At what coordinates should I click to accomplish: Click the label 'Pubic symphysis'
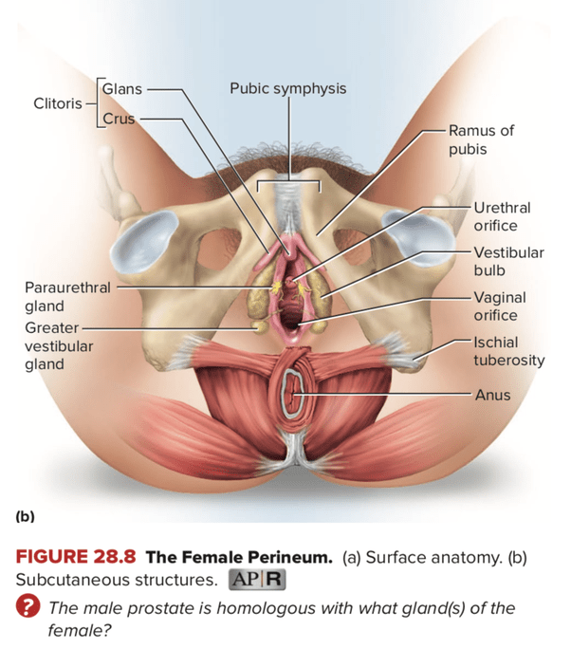tap(287, 89)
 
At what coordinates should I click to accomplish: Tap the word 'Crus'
tap(120, 120)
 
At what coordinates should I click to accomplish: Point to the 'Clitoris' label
tap(57, 103)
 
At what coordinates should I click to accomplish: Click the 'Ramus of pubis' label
tap(481, 139)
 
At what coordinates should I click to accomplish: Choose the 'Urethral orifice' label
tap(502, 216)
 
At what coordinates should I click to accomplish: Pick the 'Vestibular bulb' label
tap(508, 262)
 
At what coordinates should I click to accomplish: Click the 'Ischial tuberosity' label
tap(509, 351)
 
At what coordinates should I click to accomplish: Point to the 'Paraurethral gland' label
tap(66, 296)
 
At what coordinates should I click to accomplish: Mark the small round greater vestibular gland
tap(258, 325)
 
